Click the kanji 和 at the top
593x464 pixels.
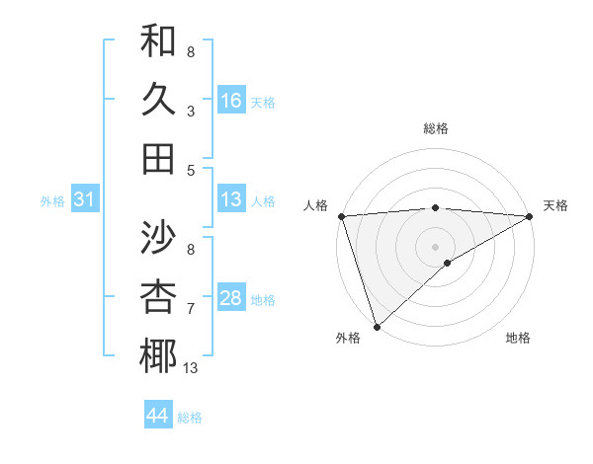158,42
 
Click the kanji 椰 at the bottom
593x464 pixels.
158,355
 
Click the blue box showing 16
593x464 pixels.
231,101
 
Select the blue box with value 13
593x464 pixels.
231,200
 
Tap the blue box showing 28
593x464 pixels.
231,299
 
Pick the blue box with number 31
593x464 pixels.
85,200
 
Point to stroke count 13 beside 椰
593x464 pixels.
191,368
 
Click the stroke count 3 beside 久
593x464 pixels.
191,111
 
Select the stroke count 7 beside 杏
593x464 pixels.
191,309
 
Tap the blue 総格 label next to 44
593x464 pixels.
190,418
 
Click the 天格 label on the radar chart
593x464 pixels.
555,205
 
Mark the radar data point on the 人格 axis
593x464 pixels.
341,216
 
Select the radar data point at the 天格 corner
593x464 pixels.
529,216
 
